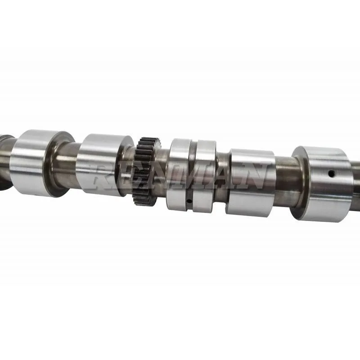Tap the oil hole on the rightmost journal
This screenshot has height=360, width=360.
pos(331,173)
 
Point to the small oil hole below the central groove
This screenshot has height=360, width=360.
pos(189,201)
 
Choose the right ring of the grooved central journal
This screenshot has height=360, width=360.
pos(205,175)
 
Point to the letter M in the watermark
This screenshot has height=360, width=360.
pos(184,177)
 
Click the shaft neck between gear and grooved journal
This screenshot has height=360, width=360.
pos(162,173)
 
